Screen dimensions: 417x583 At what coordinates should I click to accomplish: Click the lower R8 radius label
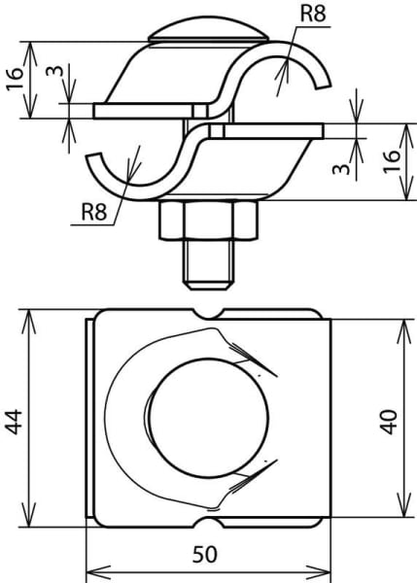point(94,212)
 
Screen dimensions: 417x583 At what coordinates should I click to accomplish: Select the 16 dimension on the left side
point(15,80)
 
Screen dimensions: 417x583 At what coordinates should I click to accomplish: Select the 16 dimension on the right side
point(392,160)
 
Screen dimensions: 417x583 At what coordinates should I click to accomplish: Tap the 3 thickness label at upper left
point(54,70)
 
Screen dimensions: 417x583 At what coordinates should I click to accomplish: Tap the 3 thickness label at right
point(341,169)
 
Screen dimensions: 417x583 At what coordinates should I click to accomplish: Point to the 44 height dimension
point(15,422)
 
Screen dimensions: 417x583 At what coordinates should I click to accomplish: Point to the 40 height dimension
point(390,422)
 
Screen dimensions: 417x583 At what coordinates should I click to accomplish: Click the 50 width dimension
point(204,555)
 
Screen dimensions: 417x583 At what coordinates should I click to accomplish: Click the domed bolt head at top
point(208,31)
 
